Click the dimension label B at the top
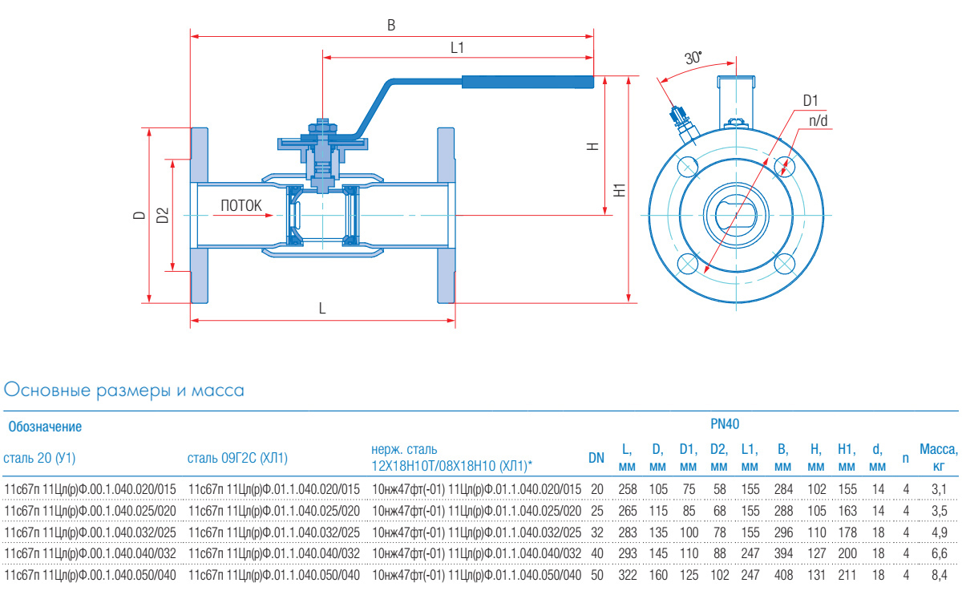tap(391, 25)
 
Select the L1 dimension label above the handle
tap(457, 47)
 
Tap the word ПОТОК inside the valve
tap(241, 206)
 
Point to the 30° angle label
tap(693, 58)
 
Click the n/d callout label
tap(818, 120)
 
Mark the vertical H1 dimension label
tap(618, 191)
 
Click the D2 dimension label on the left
tap(161, 215)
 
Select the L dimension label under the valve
tap(322, 308)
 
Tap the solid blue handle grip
tap(527, 81)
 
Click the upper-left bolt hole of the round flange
tap(688, 167)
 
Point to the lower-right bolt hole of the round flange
tap(786, 263)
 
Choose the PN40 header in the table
tap(726, 423)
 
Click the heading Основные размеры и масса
tap(124, 391)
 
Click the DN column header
tap(596, 459)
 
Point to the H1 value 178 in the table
tap(847, 532)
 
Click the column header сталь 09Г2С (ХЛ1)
tap(237, 459)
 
